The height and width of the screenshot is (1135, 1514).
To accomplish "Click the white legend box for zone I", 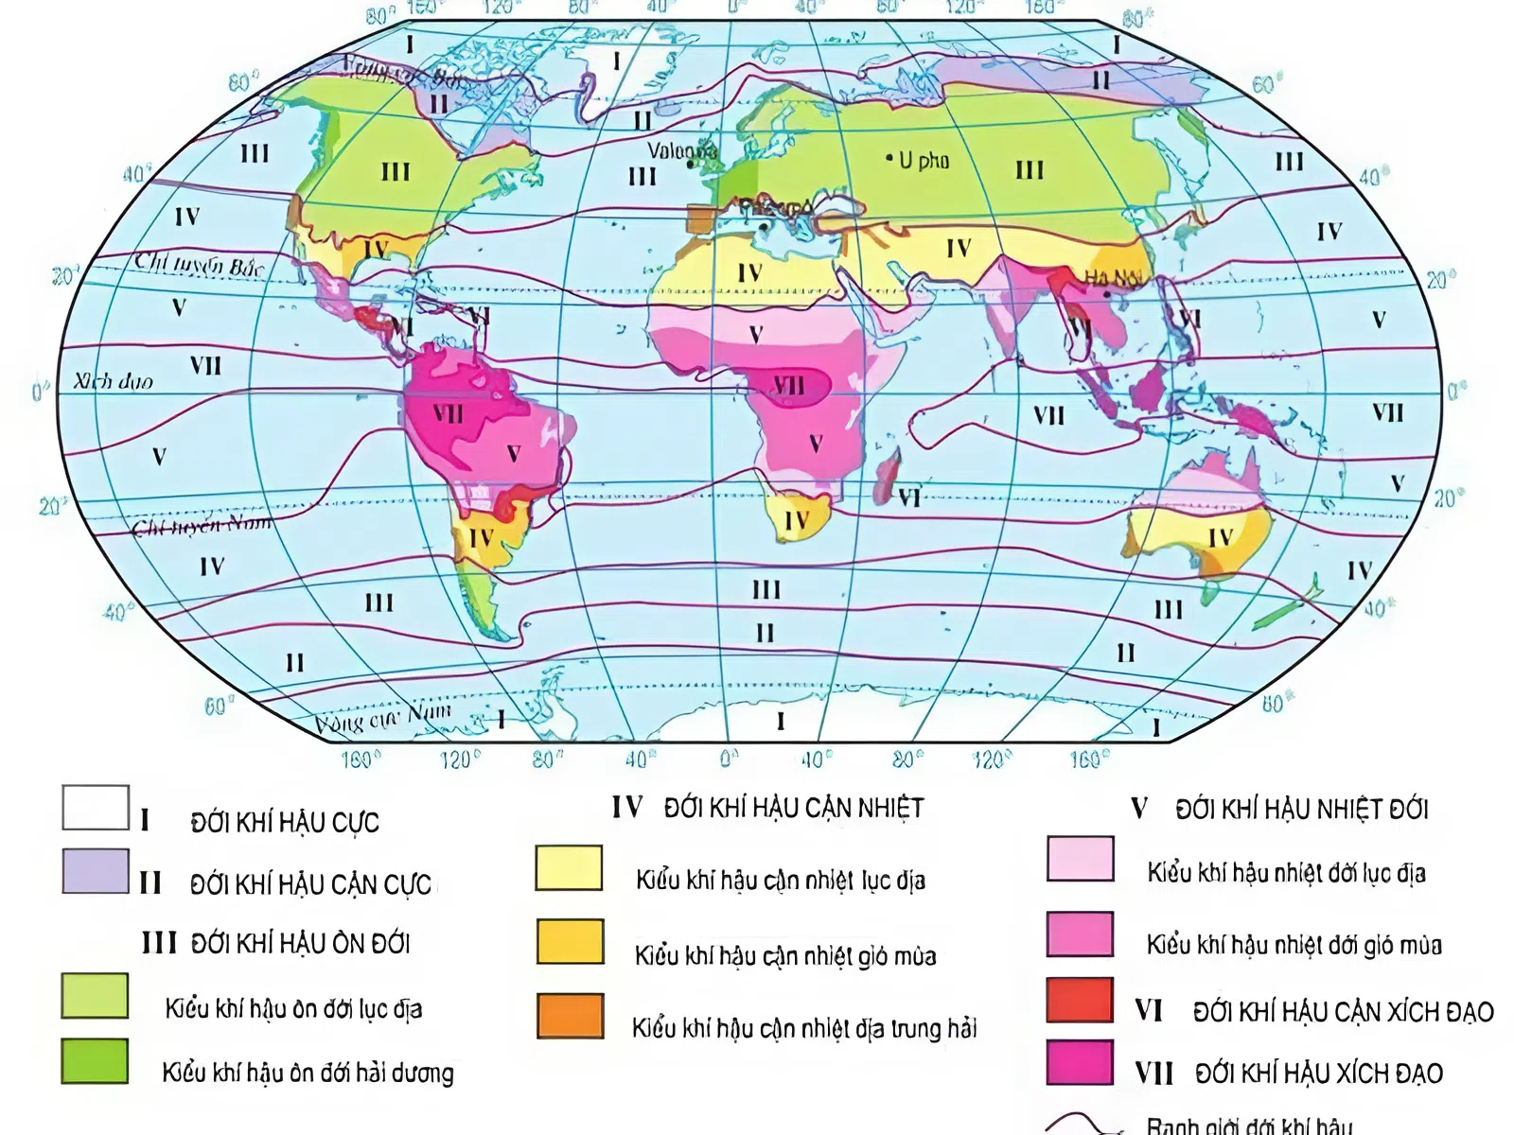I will [96, 808].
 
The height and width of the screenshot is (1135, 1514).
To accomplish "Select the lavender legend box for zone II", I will [96, 871].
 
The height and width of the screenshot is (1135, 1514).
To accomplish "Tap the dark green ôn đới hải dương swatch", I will [95, 1060].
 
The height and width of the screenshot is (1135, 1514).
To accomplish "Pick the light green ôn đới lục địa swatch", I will [95, 996].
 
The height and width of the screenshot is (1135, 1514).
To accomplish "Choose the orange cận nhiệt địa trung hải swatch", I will [570, 1016].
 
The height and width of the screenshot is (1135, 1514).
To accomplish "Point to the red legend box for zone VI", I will [1080, 1001].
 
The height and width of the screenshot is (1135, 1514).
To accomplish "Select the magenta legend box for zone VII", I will [1080, 1062].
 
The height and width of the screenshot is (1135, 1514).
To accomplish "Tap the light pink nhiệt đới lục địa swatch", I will [1080, 859].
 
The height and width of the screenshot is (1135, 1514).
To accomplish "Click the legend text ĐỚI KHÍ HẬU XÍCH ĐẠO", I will [1318, 1074].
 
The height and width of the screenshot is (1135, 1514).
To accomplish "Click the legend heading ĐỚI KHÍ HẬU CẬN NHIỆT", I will [793, 809].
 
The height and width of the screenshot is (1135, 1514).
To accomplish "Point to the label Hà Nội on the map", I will [1114, 278].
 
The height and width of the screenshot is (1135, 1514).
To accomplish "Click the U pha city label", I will [924, 161].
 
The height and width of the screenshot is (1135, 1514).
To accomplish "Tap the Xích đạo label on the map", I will [114, 381].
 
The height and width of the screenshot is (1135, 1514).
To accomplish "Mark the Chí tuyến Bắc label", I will [199, 264].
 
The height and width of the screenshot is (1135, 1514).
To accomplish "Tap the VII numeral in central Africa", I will [789, 385].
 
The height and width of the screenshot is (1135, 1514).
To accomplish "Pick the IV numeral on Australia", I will [1221, 537].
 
